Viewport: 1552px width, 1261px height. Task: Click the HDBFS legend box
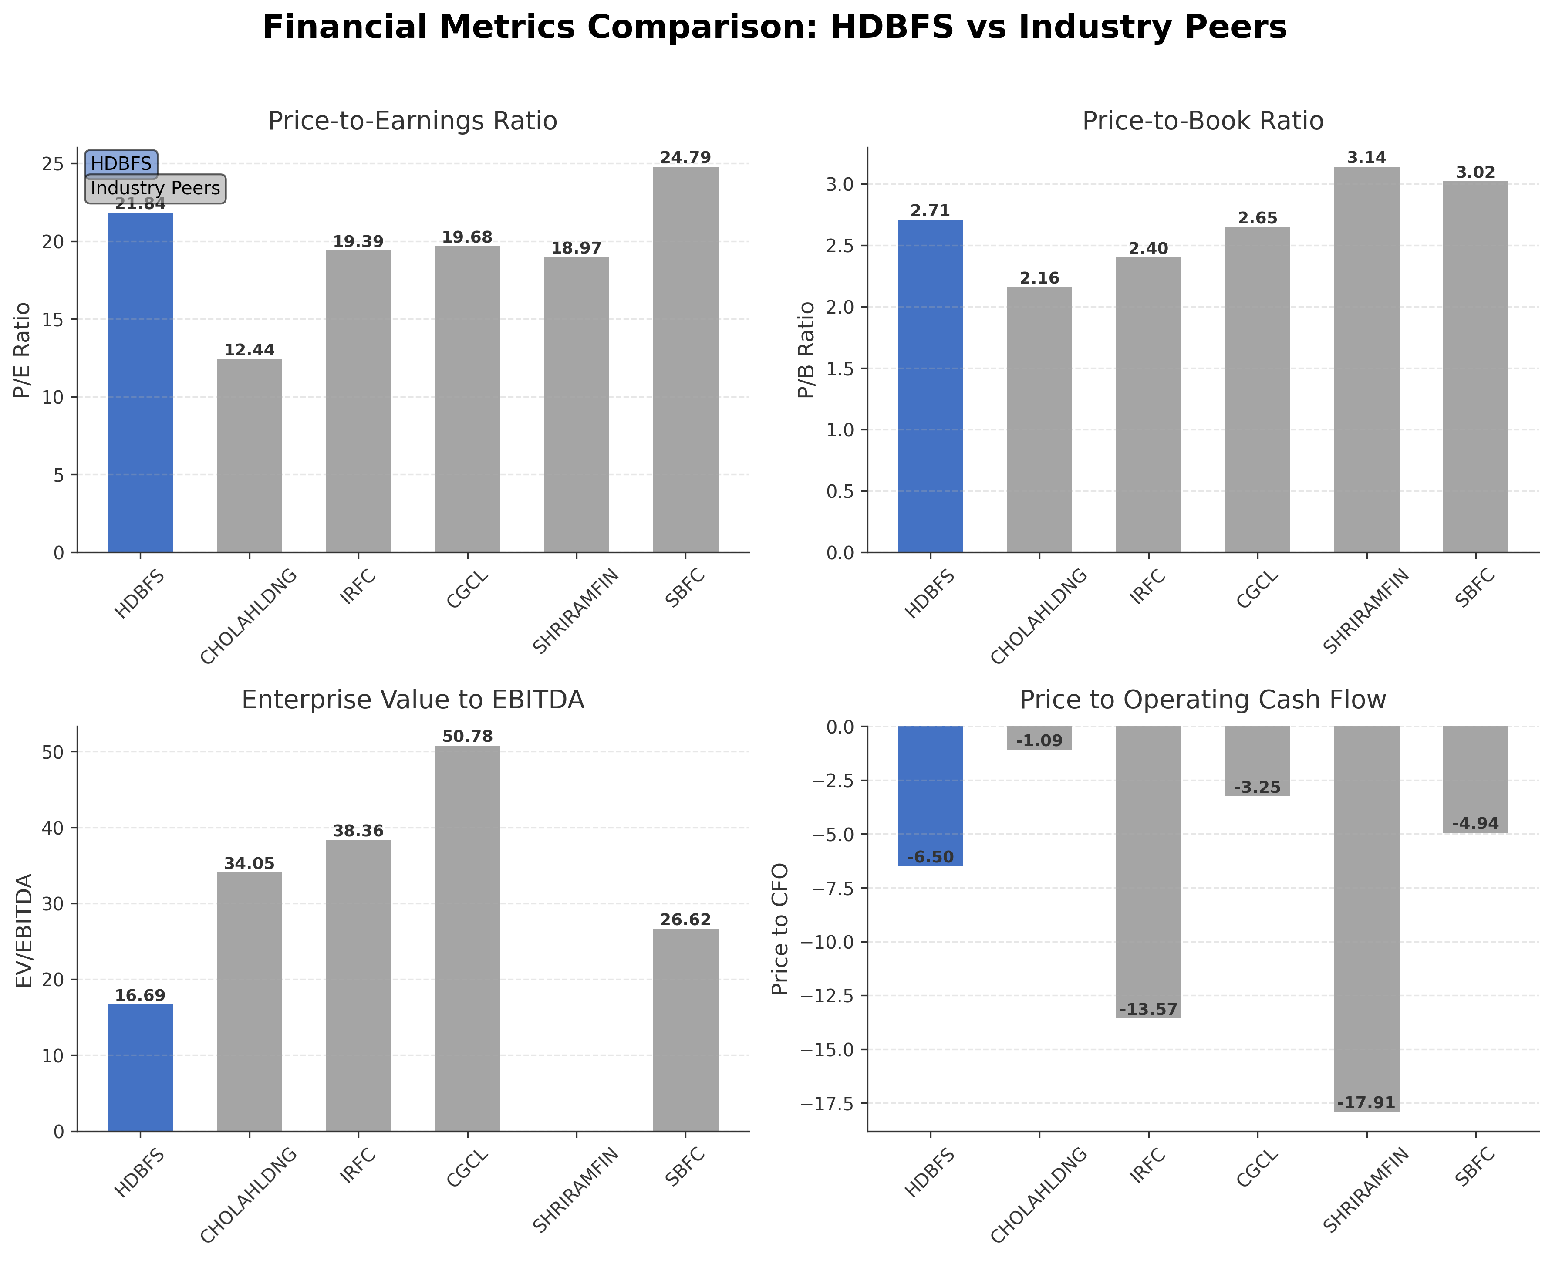click(121, 163)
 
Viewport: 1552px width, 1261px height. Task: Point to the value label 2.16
click(1039, 279)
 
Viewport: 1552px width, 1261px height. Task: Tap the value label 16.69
click(140, 996)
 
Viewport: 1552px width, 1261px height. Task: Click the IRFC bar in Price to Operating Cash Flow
click(1148, 872)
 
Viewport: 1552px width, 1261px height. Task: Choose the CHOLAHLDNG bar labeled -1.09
click(1039, 737)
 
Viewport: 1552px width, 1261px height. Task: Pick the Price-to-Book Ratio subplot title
click(1203, 121)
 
